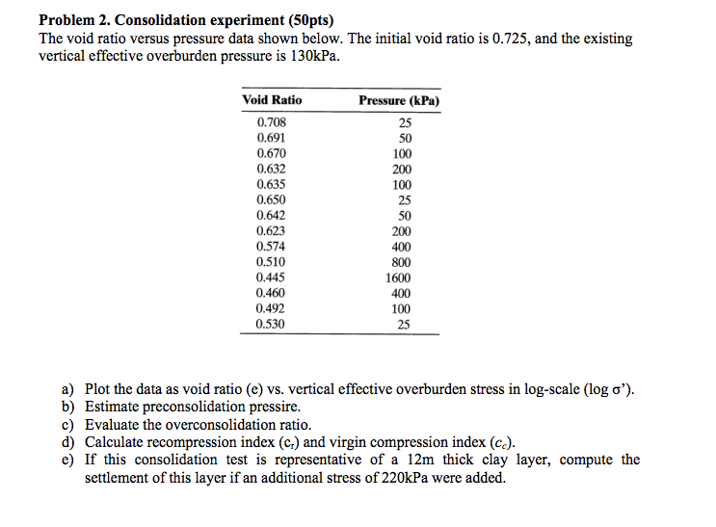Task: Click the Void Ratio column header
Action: point(272,100)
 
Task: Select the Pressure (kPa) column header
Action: point(399,100)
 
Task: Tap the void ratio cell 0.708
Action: point(271,122)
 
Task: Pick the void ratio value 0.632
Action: point(271,169)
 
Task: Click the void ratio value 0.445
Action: point(271,277)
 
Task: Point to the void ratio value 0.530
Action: point(271,324)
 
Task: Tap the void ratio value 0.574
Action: point(271,246)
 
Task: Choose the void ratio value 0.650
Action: point(271,199)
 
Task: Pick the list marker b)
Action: point(68,407)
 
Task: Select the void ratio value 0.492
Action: point(271,308)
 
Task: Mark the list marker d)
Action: point(68,442)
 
